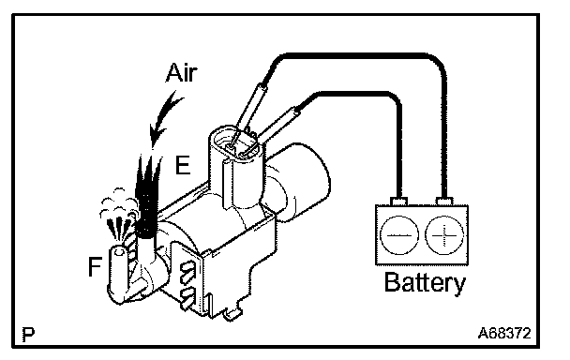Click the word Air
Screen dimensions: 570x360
182,73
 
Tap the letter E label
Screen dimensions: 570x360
183,165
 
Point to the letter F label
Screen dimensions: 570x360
95,266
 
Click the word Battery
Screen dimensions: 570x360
425,282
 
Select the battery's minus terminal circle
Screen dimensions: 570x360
398,234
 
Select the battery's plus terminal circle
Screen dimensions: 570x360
444,234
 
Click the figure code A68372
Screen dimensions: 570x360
503,333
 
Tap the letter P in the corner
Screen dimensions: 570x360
28,334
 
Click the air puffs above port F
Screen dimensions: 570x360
117,213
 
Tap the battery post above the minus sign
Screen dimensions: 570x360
398,201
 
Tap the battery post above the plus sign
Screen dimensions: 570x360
443,201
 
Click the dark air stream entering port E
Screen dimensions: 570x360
148,196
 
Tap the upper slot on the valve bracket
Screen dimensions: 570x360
187,272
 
